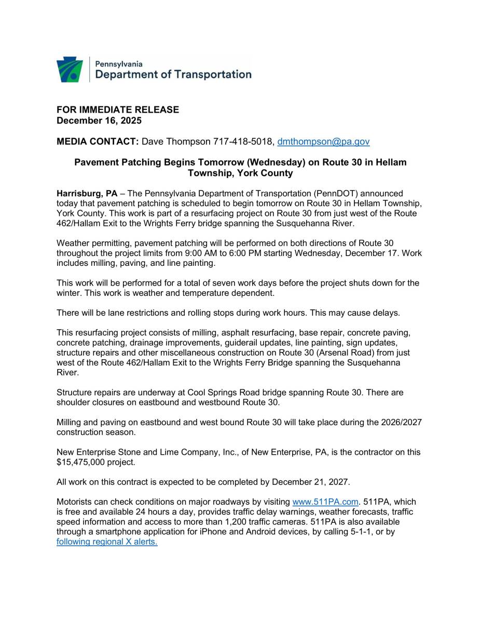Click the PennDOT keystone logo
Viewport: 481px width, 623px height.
(70, 70)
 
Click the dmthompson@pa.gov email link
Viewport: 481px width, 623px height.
(323, 141)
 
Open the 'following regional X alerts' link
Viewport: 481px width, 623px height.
(107, 541)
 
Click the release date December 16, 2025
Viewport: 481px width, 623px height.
(99, 120)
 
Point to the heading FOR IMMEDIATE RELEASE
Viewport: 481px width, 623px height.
(118, 110)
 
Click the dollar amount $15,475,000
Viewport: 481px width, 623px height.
(80, 462)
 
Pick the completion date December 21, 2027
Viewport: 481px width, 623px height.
(311, 482)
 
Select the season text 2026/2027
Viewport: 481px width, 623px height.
(400, 422)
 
